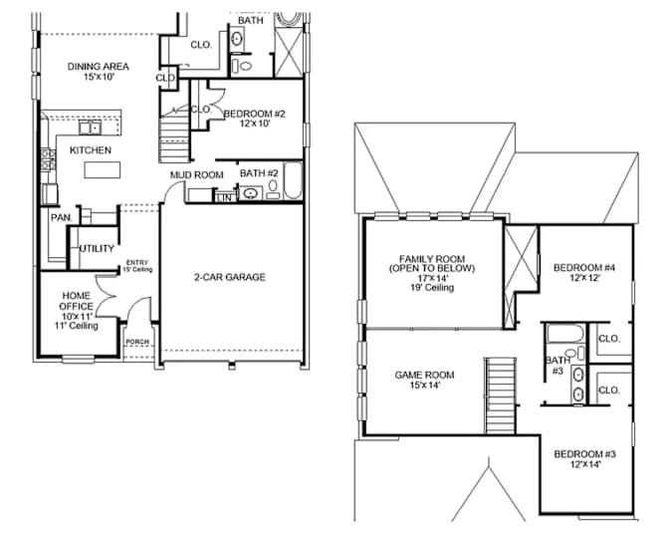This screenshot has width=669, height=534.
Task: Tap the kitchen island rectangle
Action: (x=103, y=170)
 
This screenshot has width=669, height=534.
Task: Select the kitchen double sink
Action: (x=90, y=128)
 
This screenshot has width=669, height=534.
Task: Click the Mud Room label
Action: (x=197, y=175)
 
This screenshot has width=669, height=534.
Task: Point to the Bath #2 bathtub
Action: (x=293, y=180)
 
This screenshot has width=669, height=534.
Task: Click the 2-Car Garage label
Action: (x=230, y=277)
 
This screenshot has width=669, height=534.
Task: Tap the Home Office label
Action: (x=77, y=301)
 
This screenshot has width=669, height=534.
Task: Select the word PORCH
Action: (x=137, y=342)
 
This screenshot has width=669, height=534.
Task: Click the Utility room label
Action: (x=97, y=248)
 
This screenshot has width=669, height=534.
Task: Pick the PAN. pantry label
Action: (x=62, y=218)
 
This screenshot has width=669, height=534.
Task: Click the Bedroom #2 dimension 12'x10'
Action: (x=255, y=124)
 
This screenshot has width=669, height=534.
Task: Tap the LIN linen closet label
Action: (x=224, y=197)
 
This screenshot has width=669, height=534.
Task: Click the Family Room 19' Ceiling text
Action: (x=432, y=287)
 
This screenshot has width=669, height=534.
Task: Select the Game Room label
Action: (x=424, y=375)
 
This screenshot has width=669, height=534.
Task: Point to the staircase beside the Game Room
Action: (x=500, y=397)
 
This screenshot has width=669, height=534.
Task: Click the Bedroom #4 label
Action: (x=584, y=268)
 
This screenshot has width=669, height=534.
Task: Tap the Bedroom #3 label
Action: (x=584, y=453)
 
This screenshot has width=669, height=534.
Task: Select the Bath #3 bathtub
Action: (x=565, y=334)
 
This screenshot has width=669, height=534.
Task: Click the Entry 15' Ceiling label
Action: (x=137, y=266)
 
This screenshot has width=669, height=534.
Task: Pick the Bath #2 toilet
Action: (x=273, y=188)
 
